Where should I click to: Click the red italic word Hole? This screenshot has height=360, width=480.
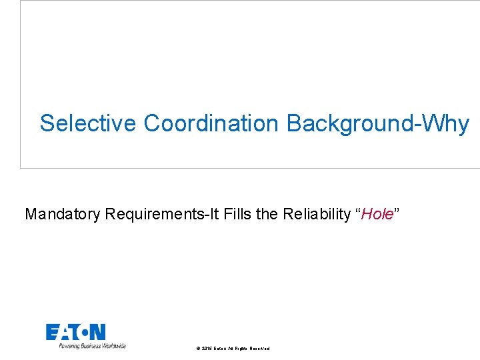379,214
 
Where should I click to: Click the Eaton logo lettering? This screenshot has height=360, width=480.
75,332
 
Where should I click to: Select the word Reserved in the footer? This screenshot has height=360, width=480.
259,349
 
